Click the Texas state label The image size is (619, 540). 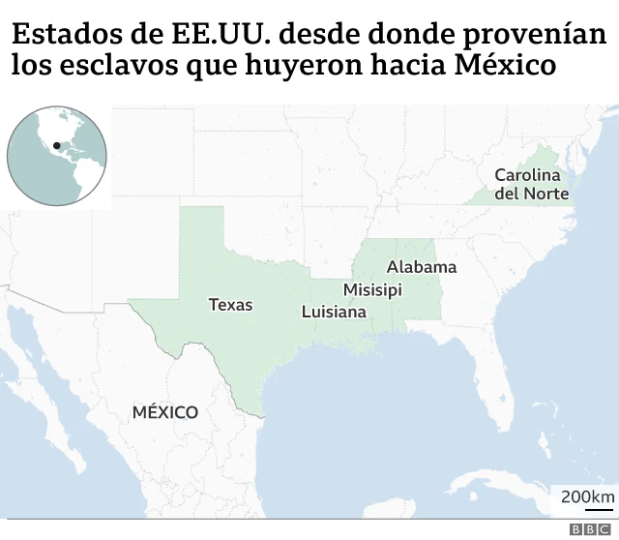[x=230, y=305]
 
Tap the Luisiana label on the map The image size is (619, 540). [x=334, y=313]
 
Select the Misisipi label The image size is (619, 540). [x=372, y=289]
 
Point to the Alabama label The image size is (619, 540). [x=422, y=267]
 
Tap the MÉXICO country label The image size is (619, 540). [x=165, y=412]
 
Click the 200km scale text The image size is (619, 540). [x=587, y=497]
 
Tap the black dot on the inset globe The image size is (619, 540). [x=57, y=146]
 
